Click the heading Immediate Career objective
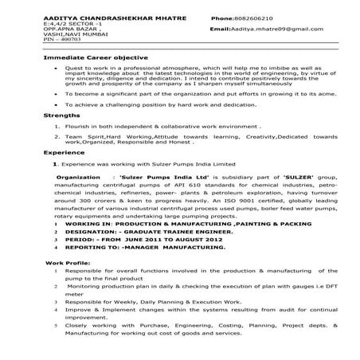(x=87, y=59)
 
